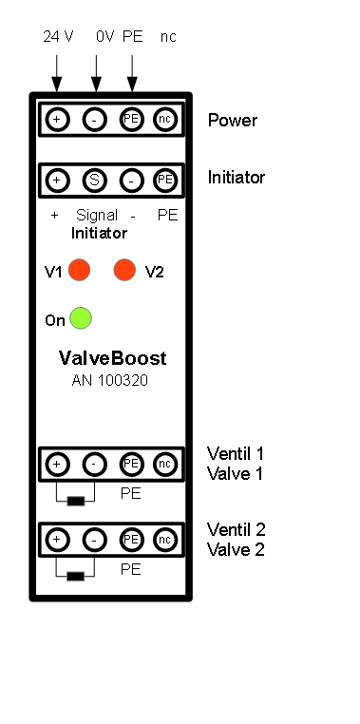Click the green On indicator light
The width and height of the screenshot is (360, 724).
[x=81, y=318]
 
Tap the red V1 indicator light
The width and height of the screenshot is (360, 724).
[x=80, y=270]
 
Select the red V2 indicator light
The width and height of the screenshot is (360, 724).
[x=124, y=270]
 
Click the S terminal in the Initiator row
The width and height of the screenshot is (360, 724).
[x=95, y=181]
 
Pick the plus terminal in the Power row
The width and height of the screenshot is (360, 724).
[x=57, y=120]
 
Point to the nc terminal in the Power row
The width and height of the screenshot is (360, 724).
[x=164, y=120]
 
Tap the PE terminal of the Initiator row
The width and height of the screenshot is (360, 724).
[x=164, y=181]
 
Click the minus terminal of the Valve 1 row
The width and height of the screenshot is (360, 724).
[x=95, y=464]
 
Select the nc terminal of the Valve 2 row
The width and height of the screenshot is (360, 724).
[x=164, y=540]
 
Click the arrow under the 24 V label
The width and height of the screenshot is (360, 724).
[x=57, y=73]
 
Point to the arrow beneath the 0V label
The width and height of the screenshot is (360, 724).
[x=96, y=73]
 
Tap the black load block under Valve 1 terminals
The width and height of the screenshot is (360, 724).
[x=76, y=501]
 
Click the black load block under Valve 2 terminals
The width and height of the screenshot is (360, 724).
[x=76, y=576]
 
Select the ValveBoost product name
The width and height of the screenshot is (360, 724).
[x=113, y=358]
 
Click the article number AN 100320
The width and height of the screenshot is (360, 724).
[x=110, y=380]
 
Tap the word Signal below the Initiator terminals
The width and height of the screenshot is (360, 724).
[x=97, y=216]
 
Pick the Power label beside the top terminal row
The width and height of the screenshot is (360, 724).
[x=233, y=120]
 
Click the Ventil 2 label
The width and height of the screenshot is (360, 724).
[x=236, y=529]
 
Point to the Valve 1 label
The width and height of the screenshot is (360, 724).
[x=235, y=473]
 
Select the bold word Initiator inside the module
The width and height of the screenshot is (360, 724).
[x=99, y=233]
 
